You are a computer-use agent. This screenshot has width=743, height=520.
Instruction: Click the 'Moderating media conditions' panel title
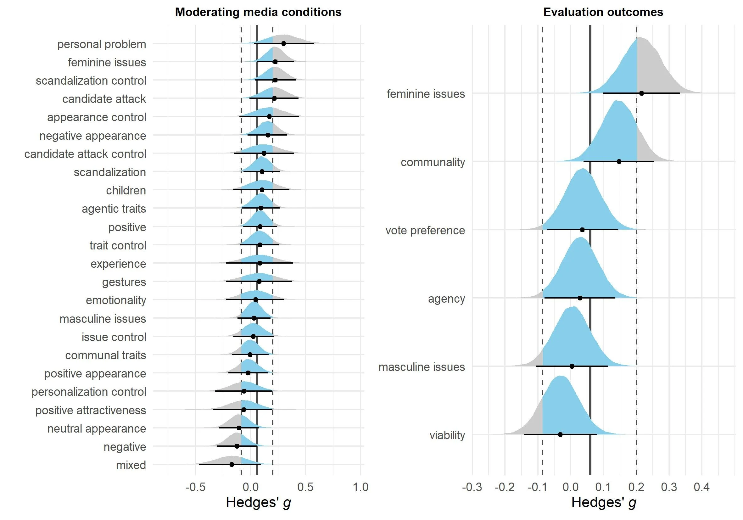point(258,12)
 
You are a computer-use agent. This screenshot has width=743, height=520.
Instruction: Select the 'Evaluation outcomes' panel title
point(603,12)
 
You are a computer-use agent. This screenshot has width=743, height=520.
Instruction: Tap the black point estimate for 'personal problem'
point(283,43)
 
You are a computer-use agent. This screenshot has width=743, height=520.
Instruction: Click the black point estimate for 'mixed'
point(232,464)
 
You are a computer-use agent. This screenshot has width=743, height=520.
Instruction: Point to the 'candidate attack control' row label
point(85,154)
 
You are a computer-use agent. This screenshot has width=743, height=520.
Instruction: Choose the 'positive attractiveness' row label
point(91,410)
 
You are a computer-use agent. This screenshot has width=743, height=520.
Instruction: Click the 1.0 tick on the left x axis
point(360,487)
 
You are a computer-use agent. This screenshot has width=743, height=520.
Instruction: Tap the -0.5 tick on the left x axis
point(195,487)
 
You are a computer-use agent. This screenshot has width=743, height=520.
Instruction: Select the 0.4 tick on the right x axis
point(701,487)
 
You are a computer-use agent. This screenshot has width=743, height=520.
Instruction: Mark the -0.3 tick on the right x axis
point(472,487)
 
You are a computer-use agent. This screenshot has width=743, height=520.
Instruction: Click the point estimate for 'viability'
point(561,434)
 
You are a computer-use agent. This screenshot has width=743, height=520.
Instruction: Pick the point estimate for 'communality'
point(619,161)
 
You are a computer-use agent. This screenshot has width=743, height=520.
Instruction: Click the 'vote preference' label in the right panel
point(425,231)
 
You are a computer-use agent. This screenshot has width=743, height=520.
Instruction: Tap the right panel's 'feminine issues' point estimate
point(641,93)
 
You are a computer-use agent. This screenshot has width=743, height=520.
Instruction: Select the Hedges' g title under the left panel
point(258,502)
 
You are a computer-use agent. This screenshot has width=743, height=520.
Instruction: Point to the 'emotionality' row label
point(116,300)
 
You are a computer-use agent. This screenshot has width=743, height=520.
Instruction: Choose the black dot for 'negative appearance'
point(268,135)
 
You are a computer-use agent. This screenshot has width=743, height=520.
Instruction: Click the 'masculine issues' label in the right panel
point(421,367)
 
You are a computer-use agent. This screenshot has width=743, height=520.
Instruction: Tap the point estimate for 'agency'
point(580,298)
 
